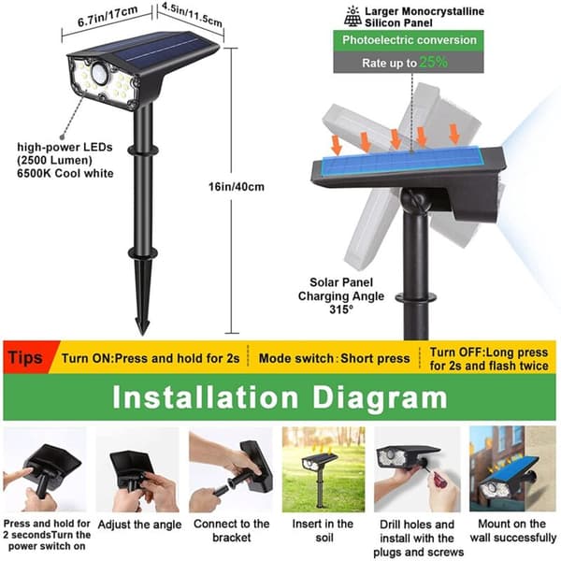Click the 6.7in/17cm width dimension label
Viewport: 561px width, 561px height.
pyautogui.click(x=108, y=16)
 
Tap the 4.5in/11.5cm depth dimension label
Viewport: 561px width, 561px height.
pyautogui.click(x=192, y=14)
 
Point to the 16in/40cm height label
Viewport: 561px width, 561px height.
pyautogui.click(x=237, y=186)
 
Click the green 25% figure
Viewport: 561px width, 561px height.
pyautogui.click(x=433, y=63)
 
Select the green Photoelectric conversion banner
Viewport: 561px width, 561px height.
pyautogui.click(x=409, y=40)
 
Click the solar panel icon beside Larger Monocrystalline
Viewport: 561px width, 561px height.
pyautogui.click(x=352, y=17)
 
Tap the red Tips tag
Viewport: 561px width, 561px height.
pyautogui.click(x=26, y=357)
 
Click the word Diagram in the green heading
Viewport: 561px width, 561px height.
pyautogui.click(x=380, y=397)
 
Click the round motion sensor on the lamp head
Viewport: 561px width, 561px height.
pyautogui.click(x=99, y=73)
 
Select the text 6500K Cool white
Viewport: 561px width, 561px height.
pyautogui.click(x=65, y=173)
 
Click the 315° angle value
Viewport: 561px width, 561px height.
pyautogui.click(x=341, y=309)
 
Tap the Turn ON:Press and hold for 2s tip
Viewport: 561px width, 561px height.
pyautogui.click(x=151, y=358)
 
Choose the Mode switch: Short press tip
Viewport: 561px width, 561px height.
pyautogui.click(x=334, y=358)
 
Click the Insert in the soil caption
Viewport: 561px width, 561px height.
pyautogui.click(x=324, y=530)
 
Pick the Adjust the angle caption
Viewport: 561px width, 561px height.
pyautogui.click(x=139, y=525)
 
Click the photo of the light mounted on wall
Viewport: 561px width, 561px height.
pyautogui.click(x=512, y=468)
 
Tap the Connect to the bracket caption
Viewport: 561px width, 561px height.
pyautogui.click(x=232, y=530)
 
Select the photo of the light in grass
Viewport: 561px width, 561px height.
pyautogui.click(x=324, y=469)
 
